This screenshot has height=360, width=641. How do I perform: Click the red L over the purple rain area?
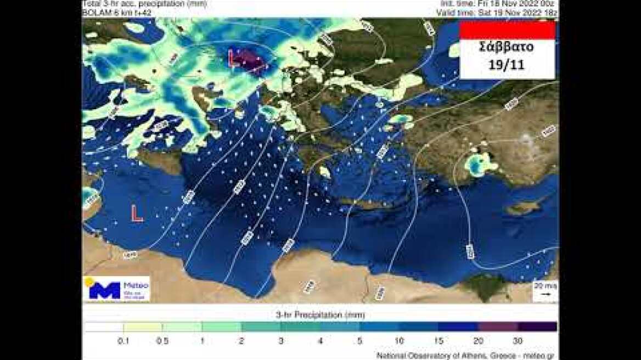click(x=234, y=59)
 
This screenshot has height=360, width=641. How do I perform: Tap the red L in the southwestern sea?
click(x=137, y=213)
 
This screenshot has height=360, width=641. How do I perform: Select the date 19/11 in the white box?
click(x=507, y=64)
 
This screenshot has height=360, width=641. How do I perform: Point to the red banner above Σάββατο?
click(x=507, y=30)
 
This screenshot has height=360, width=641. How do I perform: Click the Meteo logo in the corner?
click(x=116, y=289)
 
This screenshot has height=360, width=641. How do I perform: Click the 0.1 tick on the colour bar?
click(x=123, y=341)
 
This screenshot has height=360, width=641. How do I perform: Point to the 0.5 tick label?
click(x=162, y=341)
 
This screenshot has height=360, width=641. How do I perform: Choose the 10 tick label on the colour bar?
click(x=400, y=341)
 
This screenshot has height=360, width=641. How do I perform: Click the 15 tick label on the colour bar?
click(x=439, y=341)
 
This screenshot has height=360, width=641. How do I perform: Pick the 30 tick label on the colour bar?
click(x=518, y=341)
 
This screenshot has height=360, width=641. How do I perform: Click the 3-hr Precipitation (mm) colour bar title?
click(x=320, y=315)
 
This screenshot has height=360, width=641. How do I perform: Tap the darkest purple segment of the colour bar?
click(x=537, y=327)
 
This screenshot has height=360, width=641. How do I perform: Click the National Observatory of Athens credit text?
click(x=466, y=356)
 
